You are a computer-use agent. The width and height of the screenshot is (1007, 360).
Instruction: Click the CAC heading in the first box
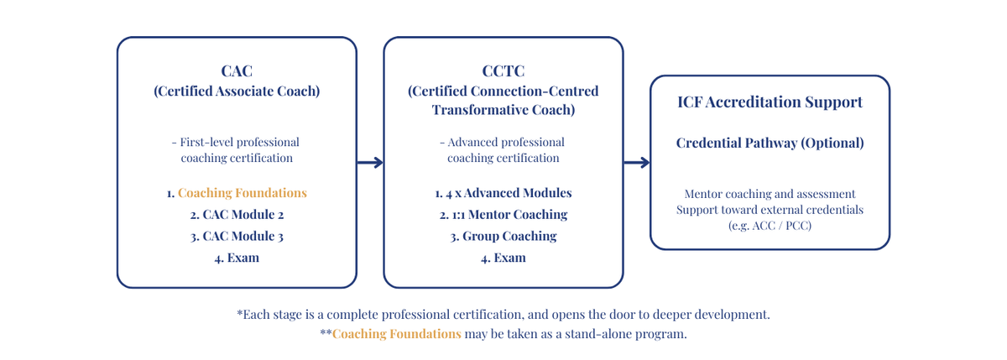[237, 71]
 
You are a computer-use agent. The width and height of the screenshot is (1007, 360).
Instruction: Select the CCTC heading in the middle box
[503, 71]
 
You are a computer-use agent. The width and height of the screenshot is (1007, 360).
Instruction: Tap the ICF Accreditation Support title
[770, 102]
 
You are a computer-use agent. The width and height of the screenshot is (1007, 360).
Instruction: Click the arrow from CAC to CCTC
[370, 162]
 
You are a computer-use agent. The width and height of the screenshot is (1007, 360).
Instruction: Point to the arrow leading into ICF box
[637, 162]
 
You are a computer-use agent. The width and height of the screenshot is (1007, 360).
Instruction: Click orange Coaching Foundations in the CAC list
[243, 193]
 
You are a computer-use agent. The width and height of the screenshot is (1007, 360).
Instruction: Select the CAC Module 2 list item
[237, 214]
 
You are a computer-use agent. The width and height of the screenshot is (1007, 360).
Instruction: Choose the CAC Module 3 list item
[237, 236]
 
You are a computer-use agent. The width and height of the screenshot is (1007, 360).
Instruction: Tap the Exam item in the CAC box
[237, 258]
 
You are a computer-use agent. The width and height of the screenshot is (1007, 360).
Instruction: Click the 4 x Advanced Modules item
[503, 193]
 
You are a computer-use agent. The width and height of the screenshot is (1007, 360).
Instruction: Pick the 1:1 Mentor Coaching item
[503, 214]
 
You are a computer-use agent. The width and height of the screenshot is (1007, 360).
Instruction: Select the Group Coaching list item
[503, 236]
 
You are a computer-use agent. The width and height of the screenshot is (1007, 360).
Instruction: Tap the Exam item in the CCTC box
[503, 258]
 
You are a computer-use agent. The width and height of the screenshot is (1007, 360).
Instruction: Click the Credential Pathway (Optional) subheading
[770, 143]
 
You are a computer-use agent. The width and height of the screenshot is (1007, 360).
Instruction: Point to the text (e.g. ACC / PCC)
[770, 225]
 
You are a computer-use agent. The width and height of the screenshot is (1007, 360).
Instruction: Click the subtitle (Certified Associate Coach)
[237, 91]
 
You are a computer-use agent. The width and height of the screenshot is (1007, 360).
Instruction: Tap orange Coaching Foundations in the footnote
[396, 333]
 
